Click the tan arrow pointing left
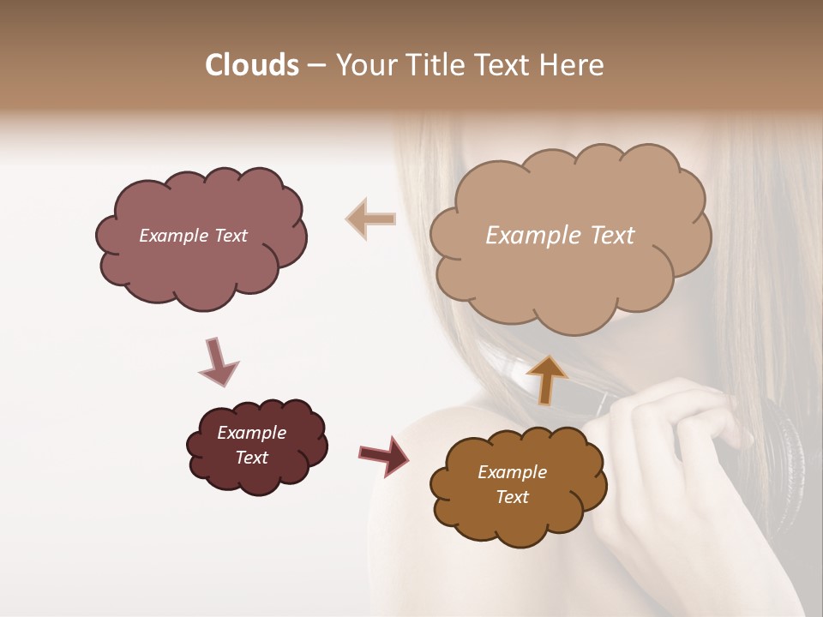[x=370, y=219]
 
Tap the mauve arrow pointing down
[x=218, y=362]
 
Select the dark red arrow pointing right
[x=384, y=455]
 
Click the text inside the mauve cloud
[x=193, y=236]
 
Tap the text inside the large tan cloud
[x=560, y=236]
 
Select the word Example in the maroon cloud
[x=251, y=433]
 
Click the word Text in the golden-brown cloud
[x=512, y=497]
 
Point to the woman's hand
[x=677, y=428]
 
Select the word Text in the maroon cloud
[x=251, y=458]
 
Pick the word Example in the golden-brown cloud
[x=512, y=472]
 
